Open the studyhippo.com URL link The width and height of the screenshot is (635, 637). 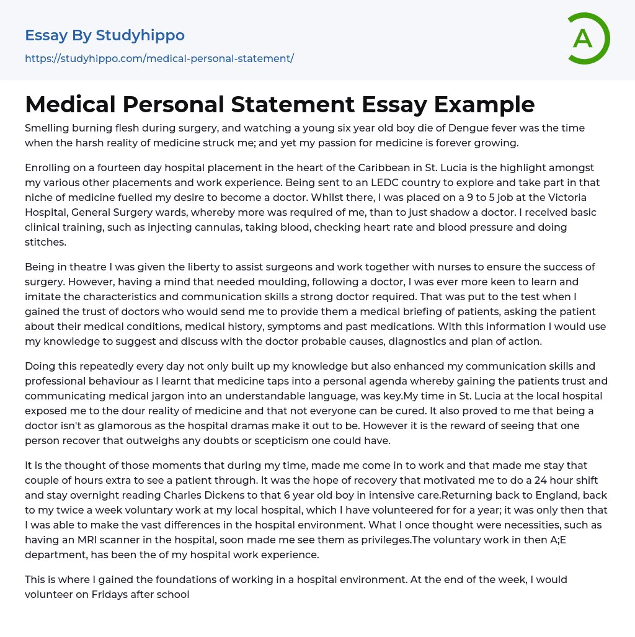(x=159, y=59)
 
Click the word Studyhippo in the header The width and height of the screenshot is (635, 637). (x=140, y=35)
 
